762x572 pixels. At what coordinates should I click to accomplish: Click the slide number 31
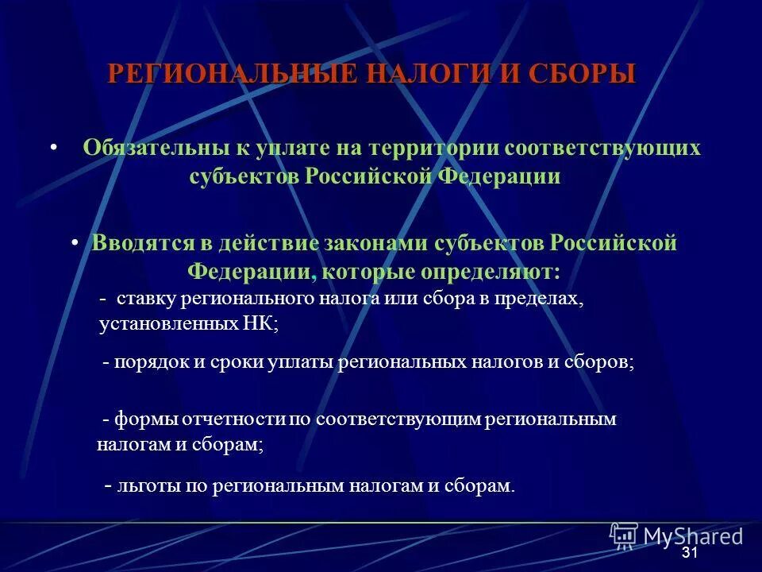pos(689,554)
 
